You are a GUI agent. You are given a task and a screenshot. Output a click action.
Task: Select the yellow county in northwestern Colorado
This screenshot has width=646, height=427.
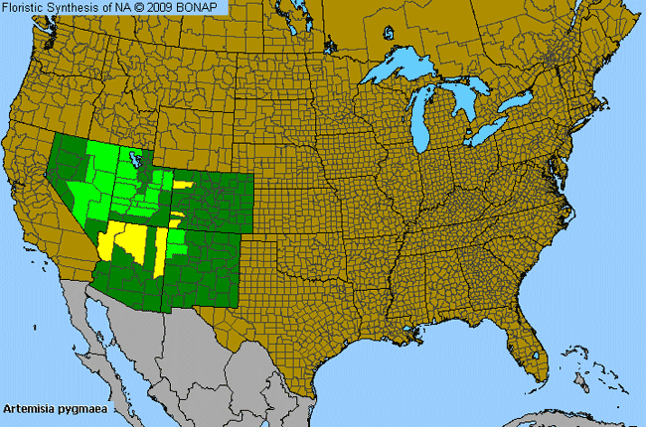click(182, 185)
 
